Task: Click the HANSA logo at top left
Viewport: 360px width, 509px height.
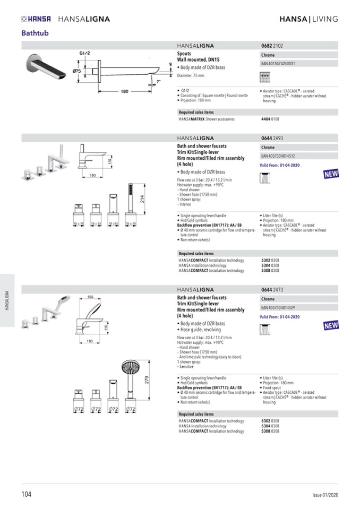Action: (x=36, y=19)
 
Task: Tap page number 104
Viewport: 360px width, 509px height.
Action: (x=27, y=495)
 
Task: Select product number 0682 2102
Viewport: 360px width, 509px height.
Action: (x=272, y=46)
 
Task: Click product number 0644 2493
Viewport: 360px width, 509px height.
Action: (x=272, y=138)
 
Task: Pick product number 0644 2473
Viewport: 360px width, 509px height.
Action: (x=272, y=290)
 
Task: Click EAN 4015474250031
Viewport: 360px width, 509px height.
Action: (x=278, y=64)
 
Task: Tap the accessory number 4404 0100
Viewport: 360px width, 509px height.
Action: (x=270, y=119)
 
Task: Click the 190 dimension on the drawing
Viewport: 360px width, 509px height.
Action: (x=90, y=297)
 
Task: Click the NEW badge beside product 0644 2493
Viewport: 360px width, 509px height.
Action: (x=330, y=174)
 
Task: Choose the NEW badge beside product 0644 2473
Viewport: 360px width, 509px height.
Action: (x=330, y=325)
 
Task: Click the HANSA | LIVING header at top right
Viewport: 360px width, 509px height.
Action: (x=308, y=19)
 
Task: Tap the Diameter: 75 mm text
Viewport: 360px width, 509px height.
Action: (x=192, y=76)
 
